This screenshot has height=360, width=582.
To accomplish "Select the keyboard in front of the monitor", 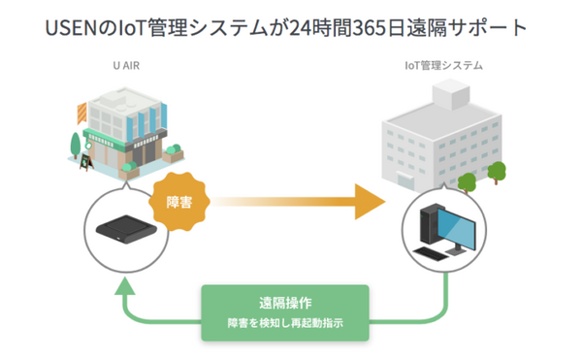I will coord(437,251).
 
